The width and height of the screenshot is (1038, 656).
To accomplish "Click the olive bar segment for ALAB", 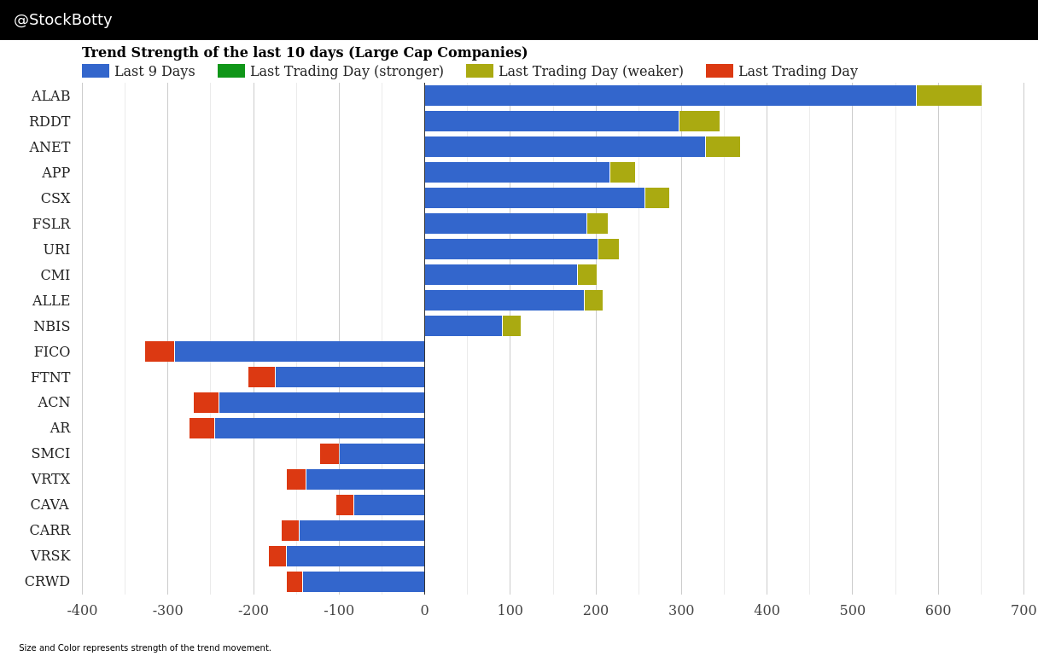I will coord(948,96).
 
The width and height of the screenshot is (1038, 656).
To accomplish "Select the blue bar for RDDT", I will coord(551,121).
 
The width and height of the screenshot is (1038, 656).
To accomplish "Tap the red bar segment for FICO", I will coord(160,351).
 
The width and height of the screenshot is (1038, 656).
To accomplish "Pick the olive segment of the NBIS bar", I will coord(511,326).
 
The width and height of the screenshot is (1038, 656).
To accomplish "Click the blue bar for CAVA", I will coord(388,505).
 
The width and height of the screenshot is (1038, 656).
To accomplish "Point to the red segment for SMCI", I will coord(329,454).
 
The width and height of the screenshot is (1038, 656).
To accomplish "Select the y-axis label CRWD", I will coord(48,582).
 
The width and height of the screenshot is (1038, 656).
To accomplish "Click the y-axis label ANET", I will coord(50,148).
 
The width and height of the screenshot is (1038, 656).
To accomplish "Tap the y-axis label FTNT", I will coord(50,377).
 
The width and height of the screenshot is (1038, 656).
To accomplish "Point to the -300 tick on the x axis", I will coord(168,611).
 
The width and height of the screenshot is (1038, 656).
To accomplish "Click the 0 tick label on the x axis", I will coord(424,611).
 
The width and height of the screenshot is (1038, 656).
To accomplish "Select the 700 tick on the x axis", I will coord(1023,611).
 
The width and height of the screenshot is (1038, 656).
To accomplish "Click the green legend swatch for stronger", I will coord(231,72).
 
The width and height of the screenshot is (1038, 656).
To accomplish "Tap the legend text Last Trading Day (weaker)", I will coord(591,72).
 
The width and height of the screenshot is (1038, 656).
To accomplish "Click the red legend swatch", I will coord(719,72).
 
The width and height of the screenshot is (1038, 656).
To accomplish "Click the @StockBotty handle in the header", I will coord(63,20).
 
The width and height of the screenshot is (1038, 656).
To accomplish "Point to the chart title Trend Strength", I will coord(305,53).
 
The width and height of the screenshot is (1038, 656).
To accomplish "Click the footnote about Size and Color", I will coord(145,648).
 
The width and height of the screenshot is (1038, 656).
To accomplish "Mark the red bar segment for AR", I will coord(201,428).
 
